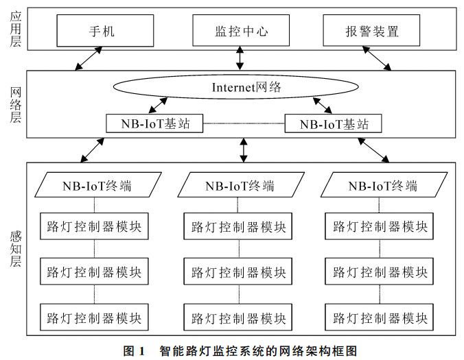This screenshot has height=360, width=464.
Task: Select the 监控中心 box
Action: click(240, 31)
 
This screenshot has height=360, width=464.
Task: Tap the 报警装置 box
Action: click(371, 31)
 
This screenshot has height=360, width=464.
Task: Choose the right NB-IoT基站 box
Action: click(332, 123)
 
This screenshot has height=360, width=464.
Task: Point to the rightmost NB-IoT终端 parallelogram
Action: click(382, 186)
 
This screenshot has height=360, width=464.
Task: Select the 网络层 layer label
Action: click(15, 104)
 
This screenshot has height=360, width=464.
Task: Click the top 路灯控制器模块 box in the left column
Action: click(94, 226)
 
